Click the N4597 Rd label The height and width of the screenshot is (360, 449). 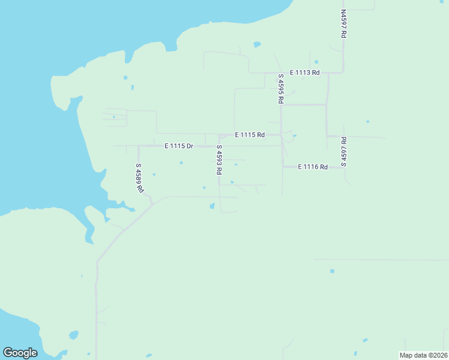tap(343, 24)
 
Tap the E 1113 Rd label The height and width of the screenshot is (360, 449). tap(305, 73)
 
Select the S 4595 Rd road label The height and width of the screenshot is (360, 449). tap(280, 89)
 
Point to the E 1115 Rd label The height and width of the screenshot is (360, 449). tap(250, 135)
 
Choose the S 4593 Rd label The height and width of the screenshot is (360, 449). tap(219, 160)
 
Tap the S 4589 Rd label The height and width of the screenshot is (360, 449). tap(139, 178)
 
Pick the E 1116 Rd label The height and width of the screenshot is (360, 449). tap(313, 167)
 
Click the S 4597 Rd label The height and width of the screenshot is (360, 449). tap(344, 151)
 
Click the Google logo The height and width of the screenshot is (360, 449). tap(20, 353)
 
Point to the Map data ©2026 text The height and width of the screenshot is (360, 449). tap(423, 355)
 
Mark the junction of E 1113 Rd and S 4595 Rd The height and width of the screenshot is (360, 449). tap(280, 73)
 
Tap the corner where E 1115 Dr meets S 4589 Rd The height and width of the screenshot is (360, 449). tap(139, 146)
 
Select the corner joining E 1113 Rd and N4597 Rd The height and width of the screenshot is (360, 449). tap(343, 73)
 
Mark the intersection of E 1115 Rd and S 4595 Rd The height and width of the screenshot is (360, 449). tap(281, 135)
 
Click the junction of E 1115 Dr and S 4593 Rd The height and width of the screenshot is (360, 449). tap(218, 146)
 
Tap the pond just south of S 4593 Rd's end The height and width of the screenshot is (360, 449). tap(212, 206)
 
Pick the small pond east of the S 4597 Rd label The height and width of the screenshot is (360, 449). tap(367, 122)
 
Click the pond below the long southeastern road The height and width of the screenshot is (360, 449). tap(332, 271)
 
